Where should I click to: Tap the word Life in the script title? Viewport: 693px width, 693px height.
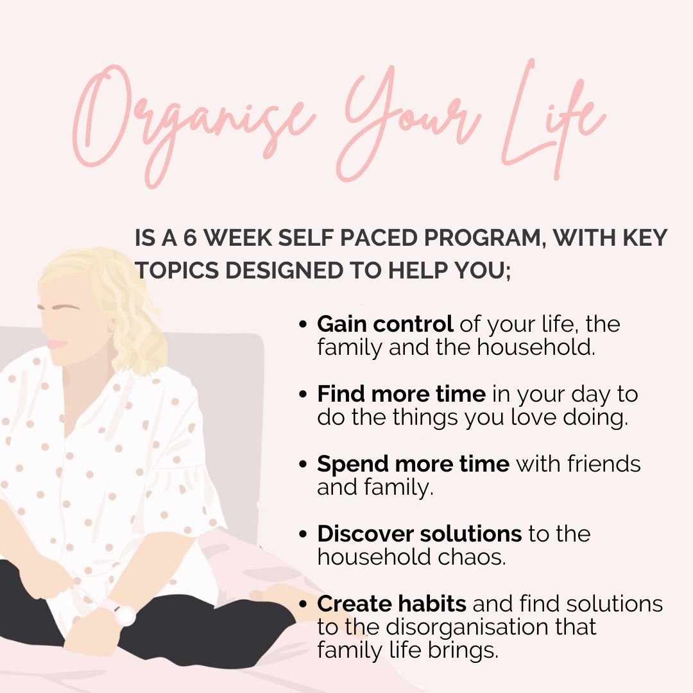552,119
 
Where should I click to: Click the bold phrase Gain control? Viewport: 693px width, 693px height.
385,324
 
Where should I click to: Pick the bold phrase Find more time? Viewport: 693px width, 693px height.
401,393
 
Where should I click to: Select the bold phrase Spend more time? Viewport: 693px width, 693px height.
413,464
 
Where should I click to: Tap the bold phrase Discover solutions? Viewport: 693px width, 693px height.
420,533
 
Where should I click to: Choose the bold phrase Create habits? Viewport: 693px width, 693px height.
391,603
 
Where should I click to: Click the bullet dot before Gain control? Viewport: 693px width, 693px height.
303,325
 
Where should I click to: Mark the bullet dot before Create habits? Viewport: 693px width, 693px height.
303,604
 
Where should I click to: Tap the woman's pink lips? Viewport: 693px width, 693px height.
58,343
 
